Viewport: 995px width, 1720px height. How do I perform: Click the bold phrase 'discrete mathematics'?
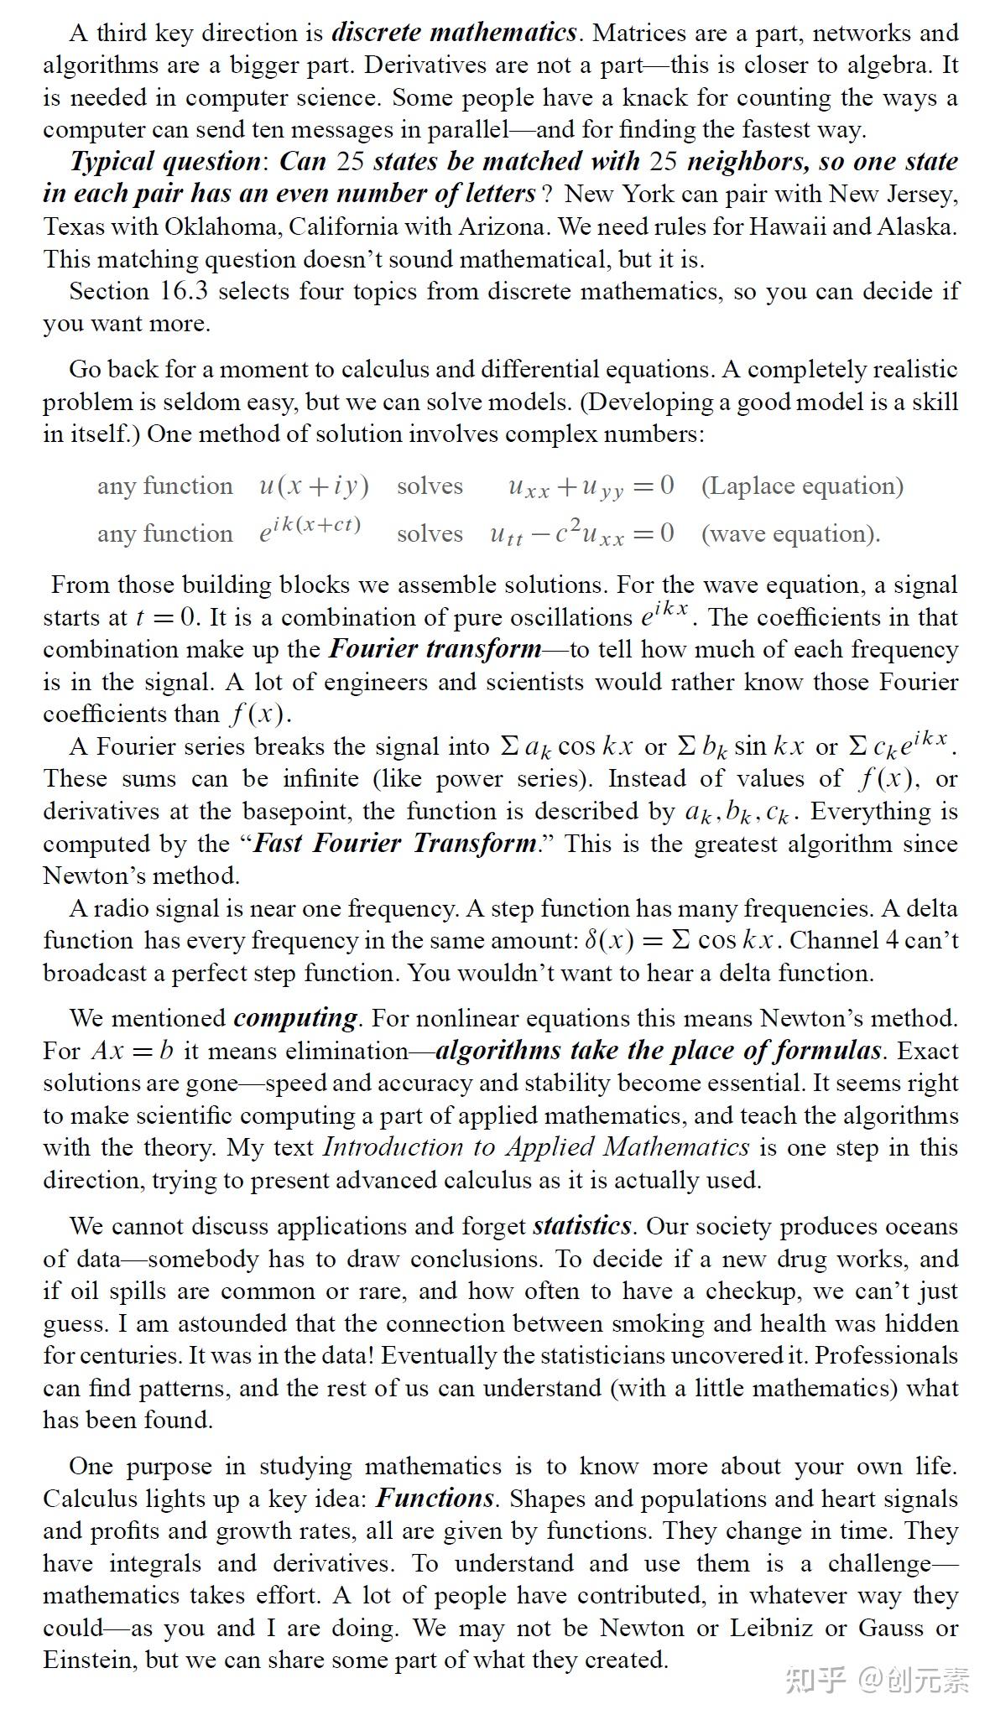pyautogui.click(x=454, y=33)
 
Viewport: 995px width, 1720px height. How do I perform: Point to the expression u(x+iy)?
pyautogui.click(x=313, y=486)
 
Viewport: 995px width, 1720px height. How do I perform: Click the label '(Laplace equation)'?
pyautogui.click(x=802, y=486)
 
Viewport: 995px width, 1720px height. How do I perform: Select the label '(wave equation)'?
pyautogui.click(x=790, y=534)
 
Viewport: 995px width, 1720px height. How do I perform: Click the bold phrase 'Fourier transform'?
pyautogui.click(x=435, y=649)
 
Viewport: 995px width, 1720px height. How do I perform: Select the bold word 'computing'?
pyautogui.click(x=296, y=1018)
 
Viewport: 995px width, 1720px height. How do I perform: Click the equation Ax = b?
pyautogui.click(x=133, y=1051)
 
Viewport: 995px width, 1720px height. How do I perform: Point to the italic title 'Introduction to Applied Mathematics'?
pyautogui.click(x=535, y=1147)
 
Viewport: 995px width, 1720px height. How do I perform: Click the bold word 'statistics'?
pyautogui.click(x=581, y=1226)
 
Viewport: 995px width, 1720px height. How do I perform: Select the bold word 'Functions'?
pyautogui.click(x=435, y=1499)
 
